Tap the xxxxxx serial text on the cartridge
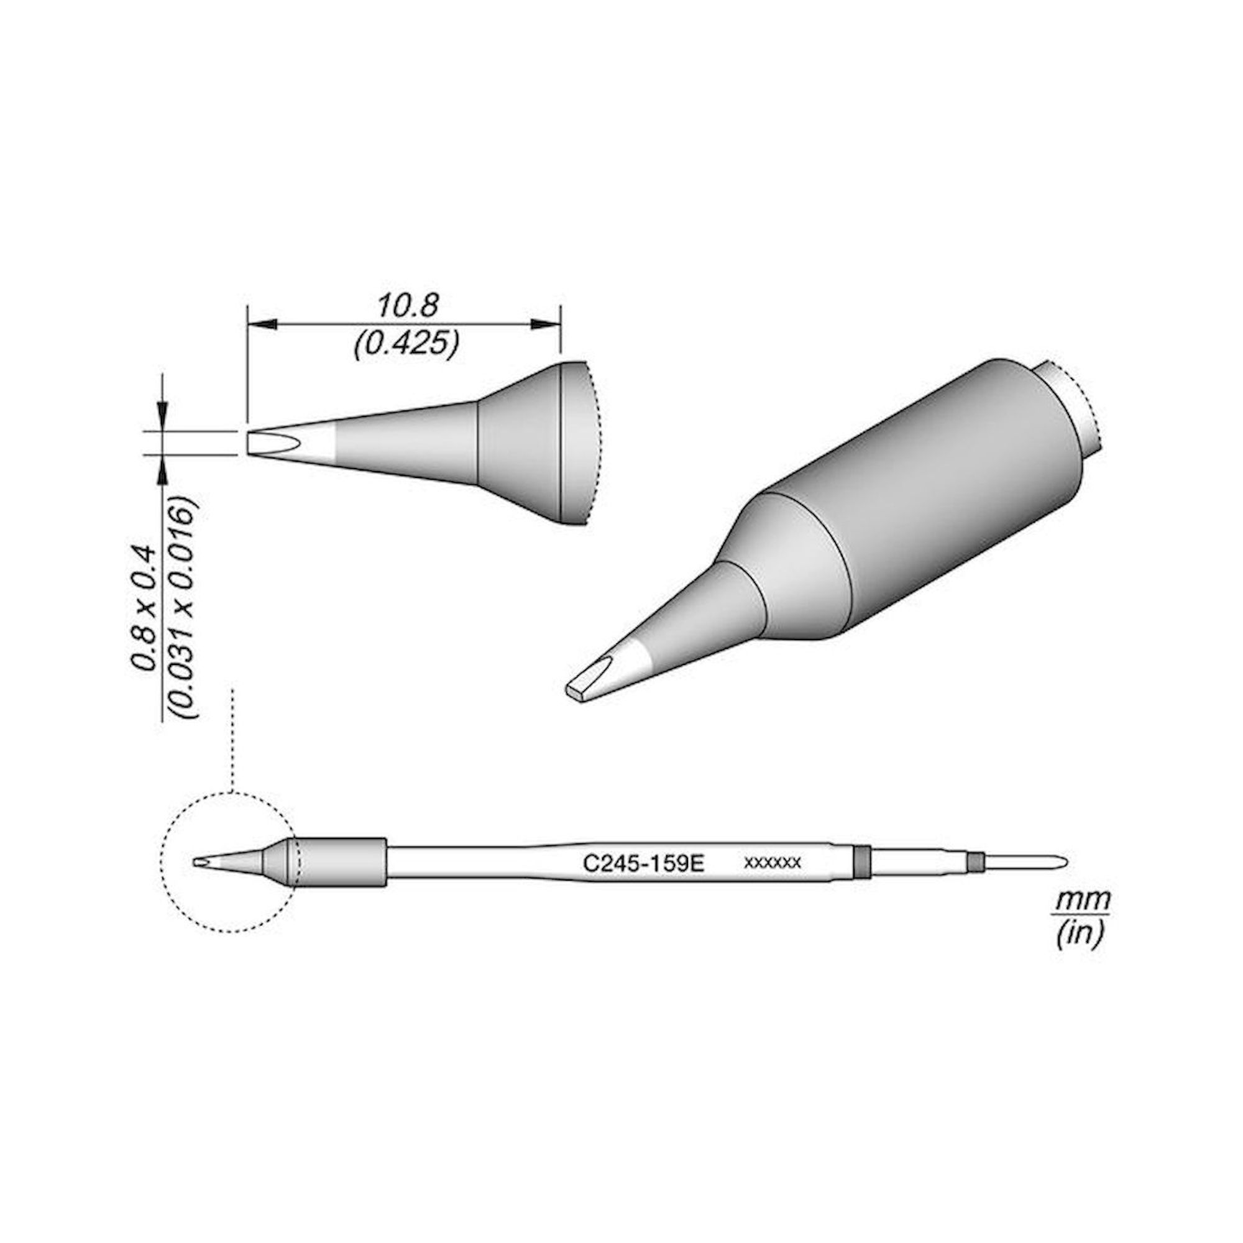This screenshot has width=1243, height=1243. point(772,863)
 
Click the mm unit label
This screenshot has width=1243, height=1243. point(1081,899)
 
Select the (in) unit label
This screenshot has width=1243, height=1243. point(1080,933)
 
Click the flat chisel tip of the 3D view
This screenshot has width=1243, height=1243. point(579,690)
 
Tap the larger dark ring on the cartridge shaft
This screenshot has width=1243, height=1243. point(861,863)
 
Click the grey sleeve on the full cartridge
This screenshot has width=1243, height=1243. point(341,863)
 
